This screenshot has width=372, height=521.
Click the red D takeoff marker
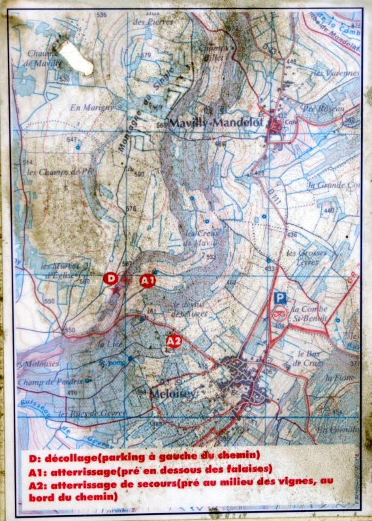click(111, 279)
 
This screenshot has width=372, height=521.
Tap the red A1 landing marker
click(148, 281)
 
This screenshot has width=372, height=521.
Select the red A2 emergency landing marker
click(174, 341)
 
